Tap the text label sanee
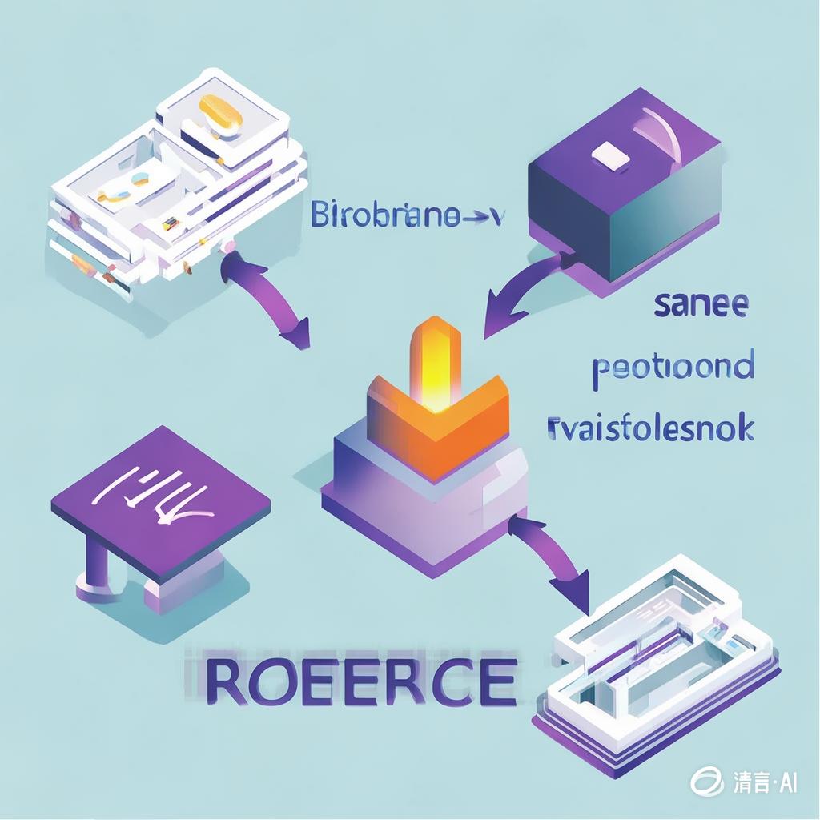(x=701, y=305)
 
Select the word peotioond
(x=673, y=367)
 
